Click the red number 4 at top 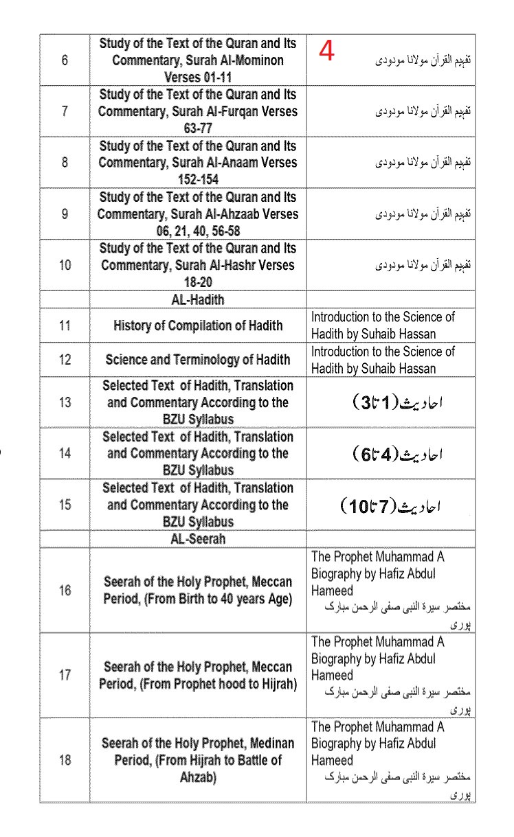click(327, 51)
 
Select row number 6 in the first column click(65, 60)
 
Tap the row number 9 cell click(65, 214)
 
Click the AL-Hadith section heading click(198, 300)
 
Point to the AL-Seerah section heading click(198, 539)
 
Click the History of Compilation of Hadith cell click(198, 325)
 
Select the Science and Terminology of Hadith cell click(198, 360)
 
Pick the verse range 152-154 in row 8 click(198, 180)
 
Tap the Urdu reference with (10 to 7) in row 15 click(390, 506)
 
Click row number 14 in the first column click(65, 453)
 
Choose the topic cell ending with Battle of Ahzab click(198, 760)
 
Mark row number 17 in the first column click(65, 675)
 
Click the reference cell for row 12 click(383, 360)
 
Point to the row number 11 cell click(65, 325)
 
